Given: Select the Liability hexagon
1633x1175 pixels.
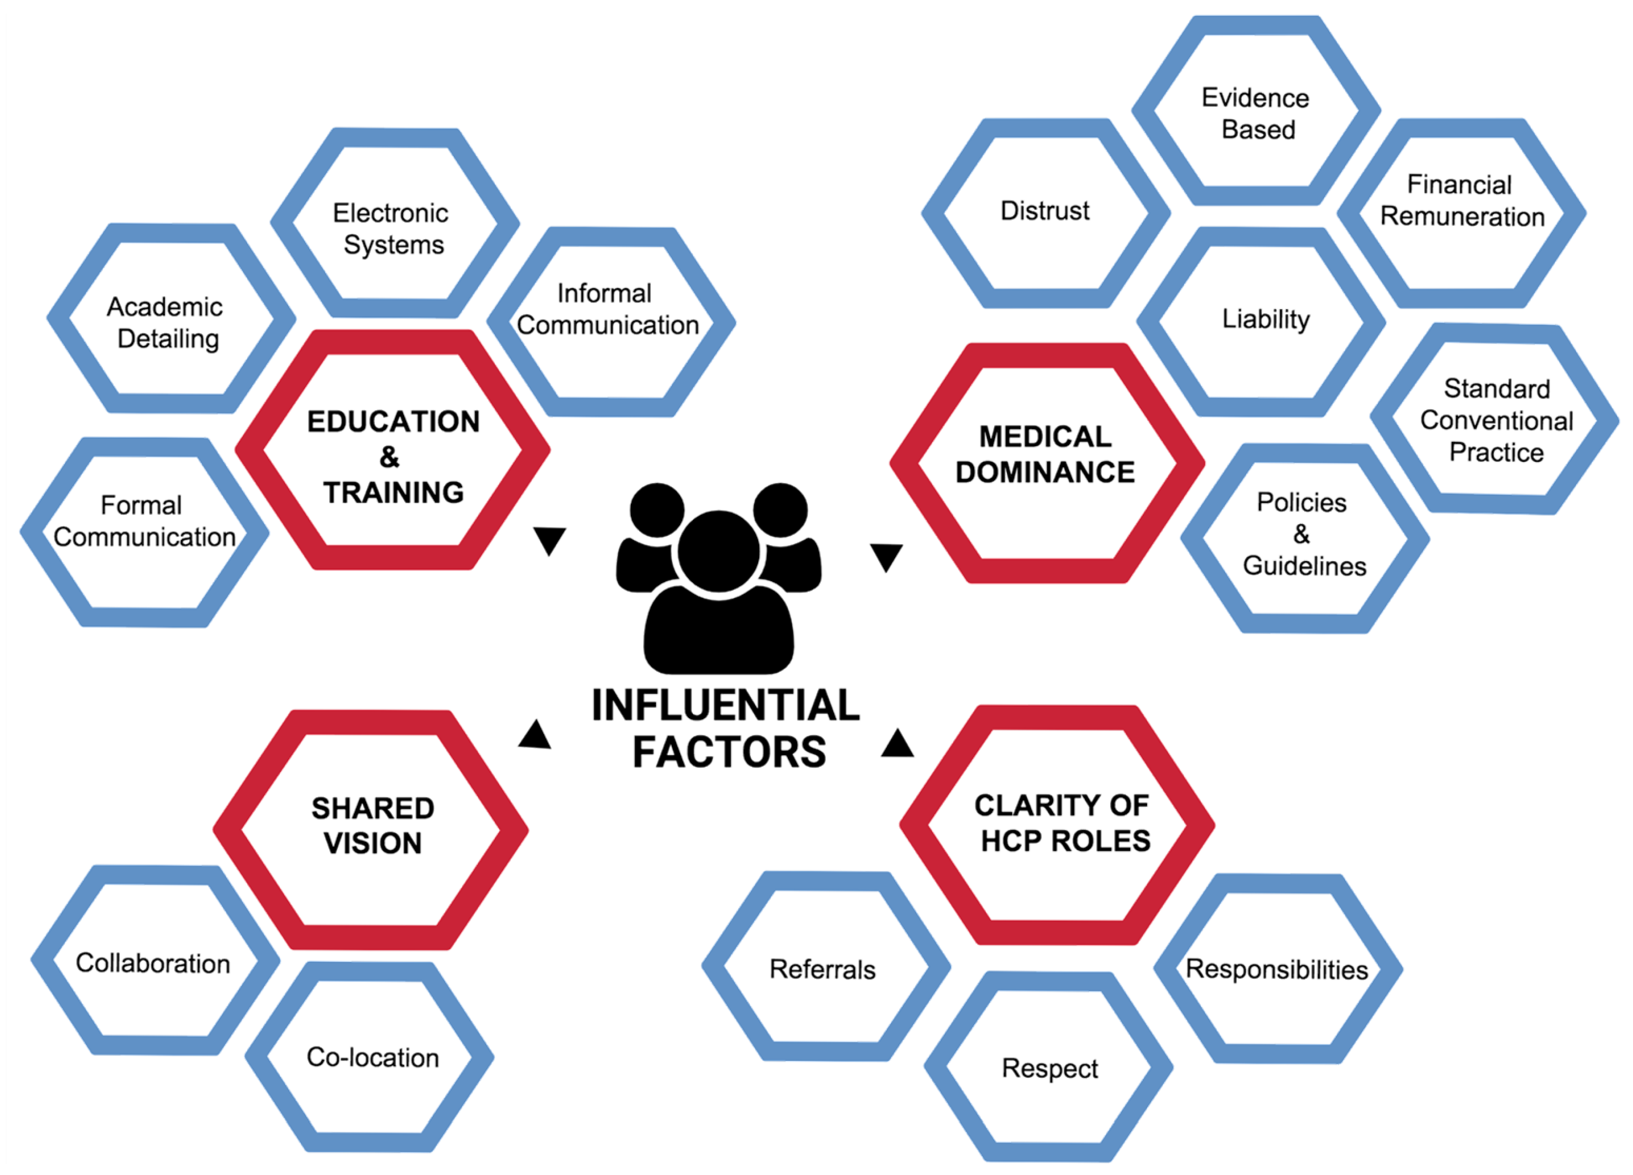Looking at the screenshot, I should pyautogui.click(x=1265, y=320).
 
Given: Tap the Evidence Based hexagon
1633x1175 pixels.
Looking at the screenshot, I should pyautogui.click(x=1256, y=113).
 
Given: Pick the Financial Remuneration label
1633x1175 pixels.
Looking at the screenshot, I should pyautogui.click(x=1461, y=201).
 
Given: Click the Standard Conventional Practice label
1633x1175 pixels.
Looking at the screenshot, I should pyautogui.click(x=1496, y=421).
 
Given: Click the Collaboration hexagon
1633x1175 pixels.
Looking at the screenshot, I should pyautogui.click(x=153, y=963).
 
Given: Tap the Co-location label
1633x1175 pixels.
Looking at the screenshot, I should pyautogui.click(x=372, y=1057).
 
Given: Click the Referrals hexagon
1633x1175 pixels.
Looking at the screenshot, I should pyautogui.click(x=823, y=969).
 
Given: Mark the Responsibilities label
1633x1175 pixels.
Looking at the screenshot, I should pyautogui.click(x=1276, y=969).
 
